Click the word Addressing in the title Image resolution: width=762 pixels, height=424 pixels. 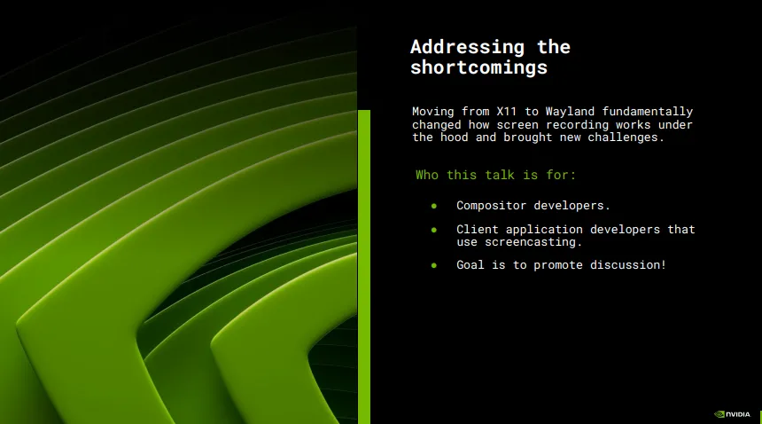pos(468,47)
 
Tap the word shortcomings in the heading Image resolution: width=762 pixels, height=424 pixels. pos(478,67)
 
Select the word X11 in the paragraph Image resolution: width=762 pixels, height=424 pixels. pos(507,112)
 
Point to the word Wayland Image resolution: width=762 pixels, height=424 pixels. pos(563,112)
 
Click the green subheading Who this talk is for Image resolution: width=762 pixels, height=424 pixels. pos(495,175)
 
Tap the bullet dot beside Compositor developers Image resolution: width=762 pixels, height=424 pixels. pos(434,206)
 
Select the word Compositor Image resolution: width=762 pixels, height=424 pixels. pos(491,206)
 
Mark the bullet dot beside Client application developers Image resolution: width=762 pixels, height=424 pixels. pos(434,230)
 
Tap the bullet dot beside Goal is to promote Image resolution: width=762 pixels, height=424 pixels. pos(434,265)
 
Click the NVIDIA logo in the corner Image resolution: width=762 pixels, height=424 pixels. pos(732,414)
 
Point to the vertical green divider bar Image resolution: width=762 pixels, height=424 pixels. pos(364,267)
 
